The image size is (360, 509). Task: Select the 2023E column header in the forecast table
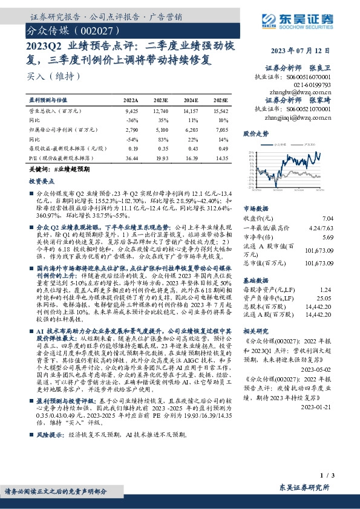pos(162,100)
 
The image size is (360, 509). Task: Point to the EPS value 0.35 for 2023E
pos(162,148)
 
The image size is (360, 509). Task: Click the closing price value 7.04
pos(345,218)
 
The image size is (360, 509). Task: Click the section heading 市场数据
pos(255,207)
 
